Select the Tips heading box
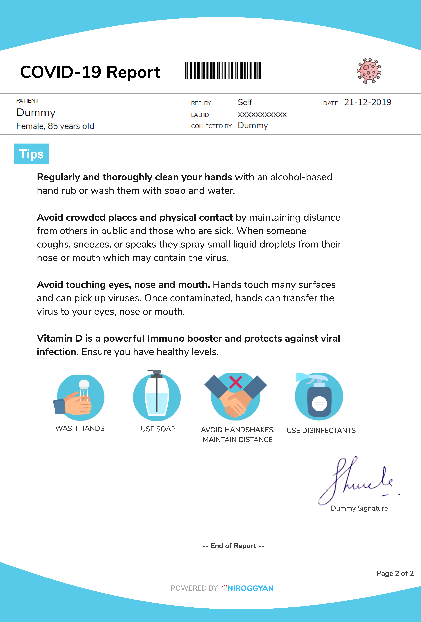(32, 154)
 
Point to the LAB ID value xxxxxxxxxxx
(262, 115)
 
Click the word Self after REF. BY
(245, 102)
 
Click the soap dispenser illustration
(157, 396)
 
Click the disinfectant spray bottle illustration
(319, 396)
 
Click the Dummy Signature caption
(359, 508)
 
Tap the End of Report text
(233, 546)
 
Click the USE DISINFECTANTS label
(321, 430)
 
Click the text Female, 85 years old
(55, 126)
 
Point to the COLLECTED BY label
(211, 126)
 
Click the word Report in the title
(133, 72)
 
